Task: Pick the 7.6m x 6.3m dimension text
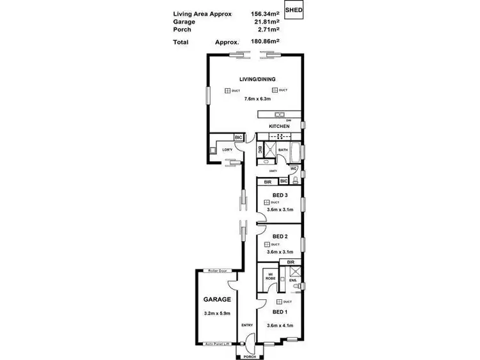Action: (257, 99)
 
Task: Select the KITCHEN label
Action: (280, 127)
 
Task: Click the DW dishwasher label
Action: (289, 120)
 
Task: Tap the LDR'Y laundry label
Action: (227, 150)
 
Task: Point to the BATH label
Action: (283, 150)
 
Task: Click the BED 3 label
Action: (280, 195)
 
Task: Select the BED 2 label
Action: (280, 237)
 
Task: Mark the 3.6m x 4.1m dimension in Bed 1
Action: (280, 325)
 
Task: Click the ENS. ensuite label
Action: (292, 279)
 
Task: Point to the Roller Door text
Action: (212, 270)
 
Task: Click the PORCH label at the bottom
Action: (250, 357)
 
